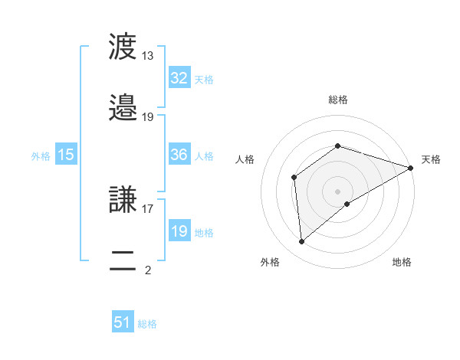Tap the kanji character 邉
[x=123, y=108]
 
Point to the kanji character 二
[x=123, y=260]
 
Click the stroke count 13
[x=148, y=56]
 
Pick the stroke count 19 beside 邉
[x=148, y=116]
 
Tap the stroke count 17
[x=148, y=208]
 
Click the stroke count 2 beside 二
[x=148, y=270]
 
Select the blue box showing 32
[x=179, y=78]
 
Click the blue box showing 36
[x=179, y=155]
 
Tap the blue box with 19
[x=179, y=231]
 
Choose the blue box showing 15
[x=66, y=155]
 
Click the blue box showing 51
[x=123, y=322]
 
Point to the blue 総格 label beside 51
[x=147, y=324]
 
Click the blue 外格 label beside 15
[x=41, y=156]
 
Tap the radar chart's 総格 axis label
[x=338, y=100]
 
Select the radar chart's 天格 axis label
[x=431, y=159]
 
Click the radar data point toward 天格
[x=411, y=168]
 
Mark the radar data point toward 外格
[x=302, y=242]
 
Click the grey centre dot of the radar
[x=338, y=191]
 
